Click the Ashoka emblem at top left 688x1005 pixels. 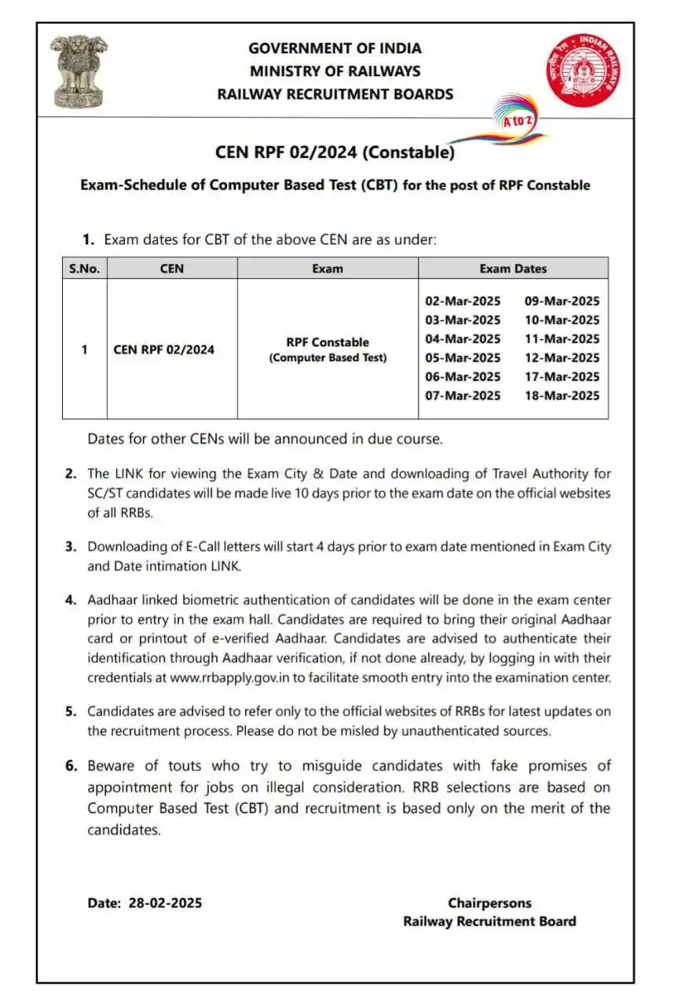[77, 71]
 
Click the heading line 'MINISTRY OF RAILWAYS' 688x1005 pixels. [335, 71]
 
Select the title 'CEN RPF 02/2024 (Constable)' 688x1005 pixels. [335, 152]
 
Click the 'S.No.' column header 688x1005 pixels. [84, 269]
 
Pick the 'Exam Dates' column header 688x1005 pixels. [513, 269]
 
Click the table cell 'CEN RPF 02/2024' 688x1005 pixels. [163, 349]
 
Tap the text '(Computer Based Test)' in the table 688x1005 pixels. [328, 358]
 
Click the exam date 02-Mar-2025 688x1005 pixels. [463, 301]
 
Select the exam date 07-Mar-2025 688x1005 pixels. [463, 395]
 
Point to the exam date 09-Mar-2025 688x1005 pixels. [562, 301]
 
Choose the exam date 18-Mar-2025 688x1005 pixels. [562, 395]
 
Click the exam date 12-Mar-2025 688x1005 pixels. [562, 357]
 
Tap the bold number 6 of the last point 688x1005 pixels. [70, 766]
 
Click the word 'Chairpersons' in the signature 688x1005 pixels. [489, 903]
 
